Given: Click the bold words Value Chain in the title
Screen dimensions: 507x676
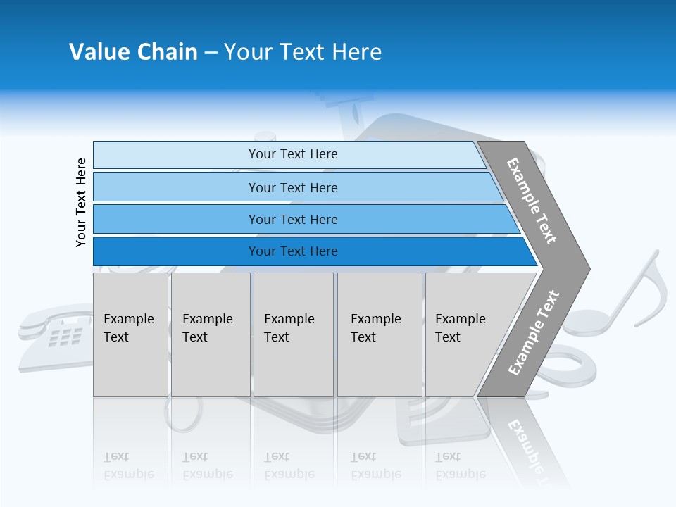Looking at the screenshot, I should coord(133,52).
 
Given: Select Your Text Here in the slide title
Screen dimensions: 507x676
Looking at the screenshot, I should coord(303,52).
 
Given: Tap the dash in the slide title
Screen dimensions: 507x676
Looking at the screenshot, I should coord(211,53).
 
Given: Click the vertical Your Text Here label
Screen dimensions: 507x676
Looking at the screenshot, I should coord(81,202).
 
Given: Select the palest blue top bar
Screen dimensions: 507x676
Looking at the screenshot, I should coord(292,154).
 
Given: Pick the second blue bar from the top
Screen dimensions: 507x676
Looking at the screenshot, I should coord(292,187).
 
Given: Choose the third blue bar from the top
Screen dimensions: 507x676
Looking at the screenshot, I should coord(292,219).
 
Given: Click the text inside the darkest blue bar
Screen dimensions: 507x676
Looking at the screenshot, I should coord(292,251).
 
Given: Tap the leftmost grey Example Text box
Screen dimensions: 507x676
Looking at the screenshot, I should coord(130,334).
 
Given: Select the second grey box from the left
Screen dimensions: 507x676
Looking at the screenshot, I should coord(210,334).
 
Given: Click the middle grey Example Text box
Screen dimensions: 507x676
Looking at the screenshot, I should coord(293,334).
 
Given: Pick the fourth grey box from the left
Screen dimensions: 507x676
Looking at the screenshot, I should coord(379,334).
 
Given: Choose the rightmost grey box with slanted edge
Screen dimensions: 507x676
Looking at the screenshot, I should coord(465,334).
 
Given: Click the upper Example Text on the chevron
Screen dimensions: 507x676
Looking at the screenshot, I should coord(532,201).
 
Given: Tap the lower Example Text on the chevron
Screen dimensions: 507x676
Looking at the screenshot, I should coord(534,332).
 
